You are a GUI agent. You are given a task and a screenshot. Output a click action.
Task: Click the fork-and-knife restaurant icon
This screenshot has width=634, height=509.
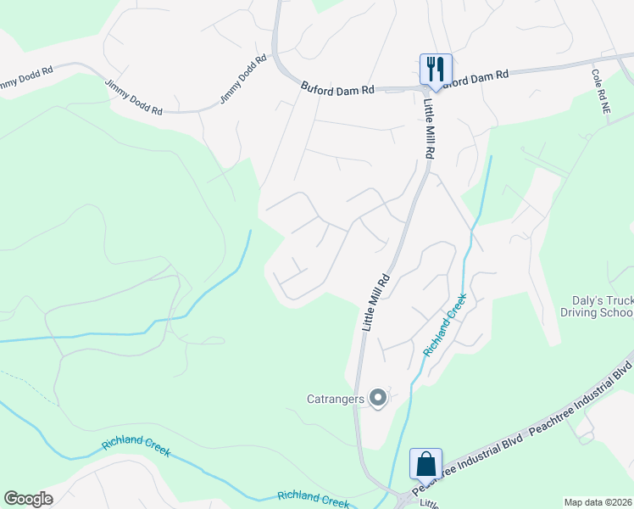[x=436, y=70]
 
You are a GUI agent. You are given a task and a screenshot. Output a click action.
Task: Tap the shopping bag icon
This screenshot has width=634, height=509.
[x=425, y=465]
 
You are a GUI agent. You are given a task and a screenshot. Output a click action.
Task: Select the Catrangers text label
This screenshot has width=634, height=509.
[x=336, y=398]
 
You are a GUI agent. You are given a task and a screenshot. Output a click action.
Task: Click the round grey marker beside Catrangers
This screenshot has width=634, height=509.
[x=377, y=397]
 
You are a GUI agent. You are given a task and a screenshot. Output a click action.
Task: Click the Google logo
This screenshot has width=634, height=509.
[x=28, y=499]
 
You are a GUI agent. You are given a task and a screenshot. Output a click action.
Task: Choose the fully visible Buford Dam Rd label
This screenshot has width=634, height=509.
[x=337, y=87]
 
